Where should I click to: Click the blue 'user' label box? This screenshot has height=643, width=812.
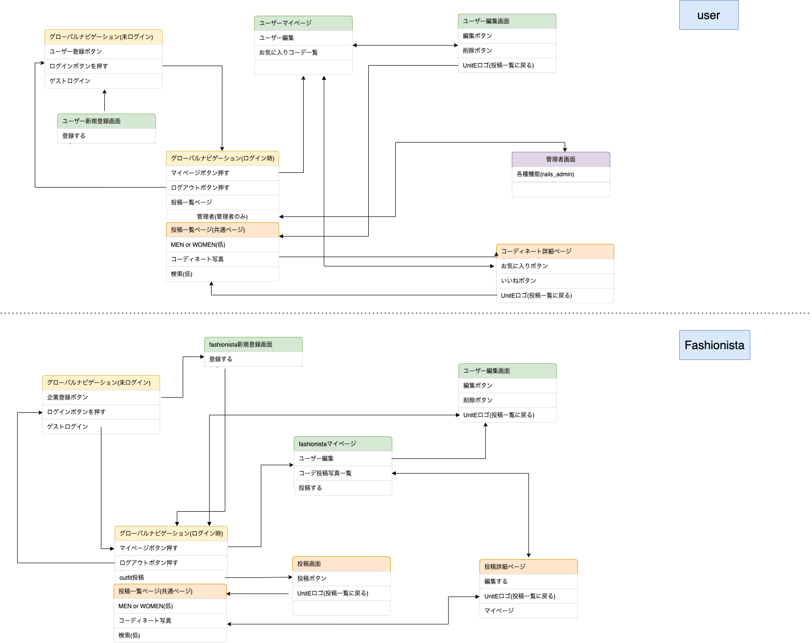coord(708,15)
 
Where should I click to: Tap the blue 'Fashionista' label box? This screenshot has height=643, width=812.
coord(714,345)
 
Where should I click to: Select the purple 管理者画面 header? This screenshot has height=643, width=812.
coord(561,159)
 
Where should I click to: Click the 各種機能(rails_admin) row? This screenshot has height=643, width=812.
coord(561,174)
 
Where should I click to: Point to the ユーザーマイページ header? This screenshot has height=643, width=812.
coord(303,23)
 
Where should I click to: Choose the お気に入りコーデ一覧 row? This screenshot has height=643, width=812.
coord(303,52)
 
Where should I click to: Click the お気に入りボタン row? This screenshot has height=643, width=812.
coord(554,266)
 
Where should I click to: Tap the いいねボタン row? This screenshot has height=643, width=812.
coord(554,281)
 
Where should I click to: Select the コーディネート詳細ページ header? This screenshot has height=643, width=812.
coord(554,251)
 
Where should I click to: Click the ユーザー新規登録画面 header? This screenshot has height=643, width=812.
coord(106,121)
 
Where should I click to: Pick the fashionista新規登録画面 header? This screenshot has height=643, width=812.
coord(253,344)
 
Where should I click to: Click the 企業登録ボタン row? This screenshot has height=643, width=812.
coord(101,397)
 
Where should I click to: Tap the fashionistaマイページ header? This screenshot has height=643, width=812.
coord(343,444)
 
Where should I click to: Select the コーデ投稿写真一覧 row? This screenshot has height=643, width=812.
coord(343,473)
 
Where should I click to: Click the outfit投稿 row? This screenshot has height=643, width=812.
coord(170,577)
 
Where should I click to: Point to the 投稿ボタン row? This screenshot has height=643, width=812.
coord(341,578)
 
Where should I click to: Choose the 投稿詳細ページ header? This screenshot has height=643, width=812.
coord(528,567)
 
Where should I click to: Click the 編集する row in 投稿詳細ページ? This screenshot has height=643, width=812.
coord(528,581)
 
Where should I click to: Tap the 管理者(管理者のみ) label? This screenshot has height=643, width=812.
coord(222,216)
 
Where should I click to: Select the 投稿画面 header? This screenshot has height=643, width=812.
coord(341,564)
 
